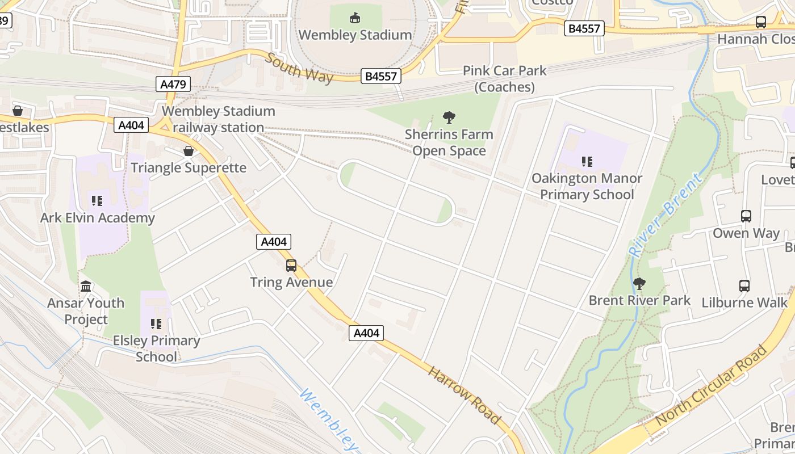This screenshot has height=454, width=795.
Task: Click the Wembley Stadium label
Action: click(355, 35)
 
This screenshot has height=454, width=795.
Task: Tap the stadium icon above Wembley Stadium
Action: click(355, 18)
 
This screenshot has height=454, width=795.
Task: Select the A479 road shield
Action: click(173, 85)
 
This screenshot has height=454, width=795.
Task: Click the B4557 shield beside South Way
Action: click(381, 76)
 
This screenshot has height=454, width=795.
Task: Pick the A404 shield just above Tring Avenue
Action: click(274, 242)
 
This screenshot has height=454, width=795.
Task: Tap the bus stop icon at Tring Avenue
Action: click(291, 265)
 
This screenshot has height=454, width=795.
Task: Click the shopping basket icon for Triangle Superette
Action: click(189, 151)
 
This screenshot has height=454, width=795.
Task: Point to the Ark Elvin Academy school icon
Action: click(97, 201)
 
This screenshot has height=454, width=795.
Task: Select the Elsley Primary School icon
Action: click(156, 324)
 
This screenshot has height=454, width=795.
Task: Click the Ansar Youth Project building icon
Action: click(86, 286)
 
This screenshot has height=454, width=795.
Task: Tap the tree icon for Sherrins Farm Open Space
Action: click(449, 118)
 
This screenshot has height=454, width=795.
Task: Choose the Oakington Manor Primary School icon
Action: click(587, 162)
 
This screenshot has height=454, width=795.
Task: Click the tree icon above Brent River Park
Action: click(639, 283)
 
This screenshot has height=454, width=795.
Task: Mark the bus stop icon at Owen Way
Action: click(746, 216)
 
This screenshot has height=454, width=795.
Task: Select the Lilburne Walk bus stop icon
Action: click(744, 286)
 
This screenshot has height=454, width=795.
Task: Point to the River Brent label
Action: click(665, 216)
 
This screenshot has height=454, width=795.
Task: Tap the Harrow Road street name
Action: click(465, 395)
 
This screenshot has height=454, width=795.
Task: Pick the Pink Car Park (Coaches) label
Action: click(505, 78)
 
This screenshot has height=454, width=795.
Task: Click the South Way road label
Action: click(299, 68)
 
